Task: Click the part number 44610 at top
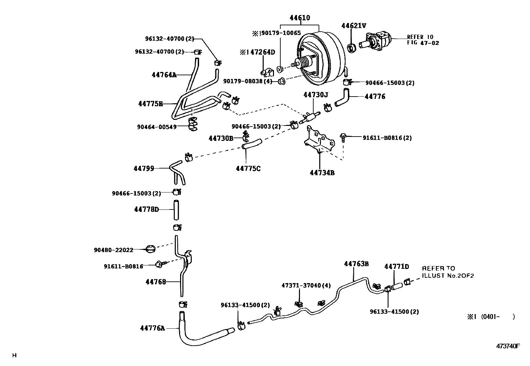300,18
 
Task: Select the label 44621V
354,26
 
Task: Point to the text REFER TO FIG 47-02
422,40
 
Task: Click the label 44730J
315,95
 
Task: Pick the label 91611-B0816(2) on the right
387,138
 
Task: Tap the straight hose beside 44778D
176,210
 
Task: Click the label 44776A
152,328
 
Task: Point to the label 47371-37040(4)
306,285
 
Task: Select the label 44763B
356,264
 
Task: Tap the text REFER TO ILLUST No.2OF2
447,272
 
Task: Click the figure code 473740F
508,346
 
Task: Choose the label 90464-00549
156,127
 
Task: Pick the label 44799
144,169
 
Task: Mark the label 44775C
248,169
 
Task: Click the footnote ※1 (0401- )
491,317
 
